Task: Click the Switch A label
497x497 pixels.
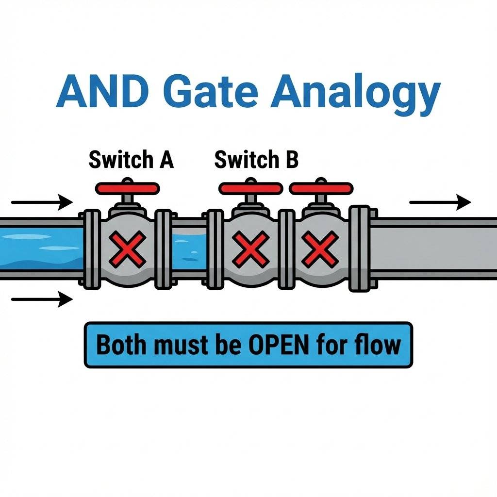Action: (131, 160)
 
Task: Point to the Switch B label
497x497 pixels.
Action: (256, 160)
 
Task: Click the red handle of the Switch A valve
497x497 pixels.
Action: (128, 187)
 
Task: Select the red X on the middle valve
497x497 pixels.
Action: (249, 248)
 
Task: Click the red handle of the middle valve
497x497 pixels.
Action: (250, 187)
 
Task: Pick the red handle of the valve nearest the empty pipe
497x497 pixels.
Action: (320, 187)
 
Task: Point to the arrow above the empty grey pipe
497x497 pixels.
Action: (440, 201)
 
